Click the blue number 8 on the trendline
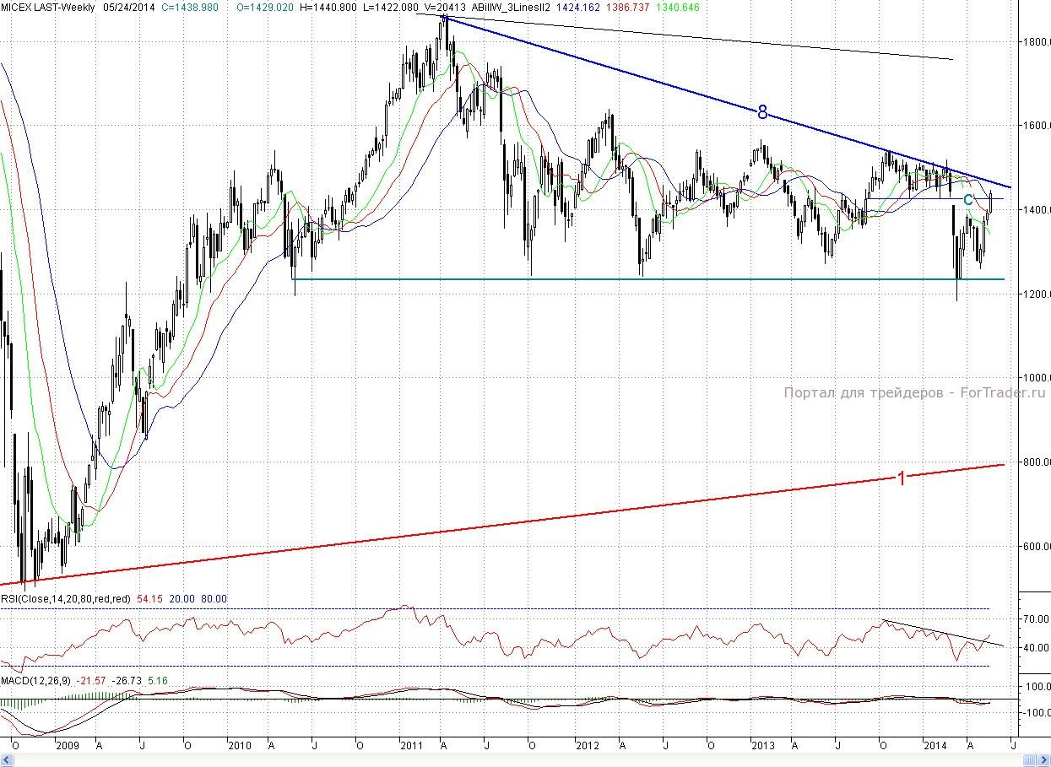pyautogui.click(x=761, y=111)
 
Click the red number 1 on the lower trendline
pyautogui.click(x=901, y=478)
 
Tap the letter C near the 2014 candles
pyautogui.click(x=968, y=200)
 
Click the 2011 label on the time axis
pyautogui.click(x=411, y=746)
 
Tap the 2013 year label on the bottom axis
pyautogui.click(x=763, y=746)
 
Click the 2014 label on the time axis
pyautogui.click(x=935, y=746)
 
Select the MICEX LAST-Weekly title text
pyautogui.click(x=48, y=7)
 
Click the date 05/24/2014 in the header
pyautogui.click(x=128, y=7)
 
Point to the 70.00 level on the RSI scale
pyautogui.click(x=1035, y=619)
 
